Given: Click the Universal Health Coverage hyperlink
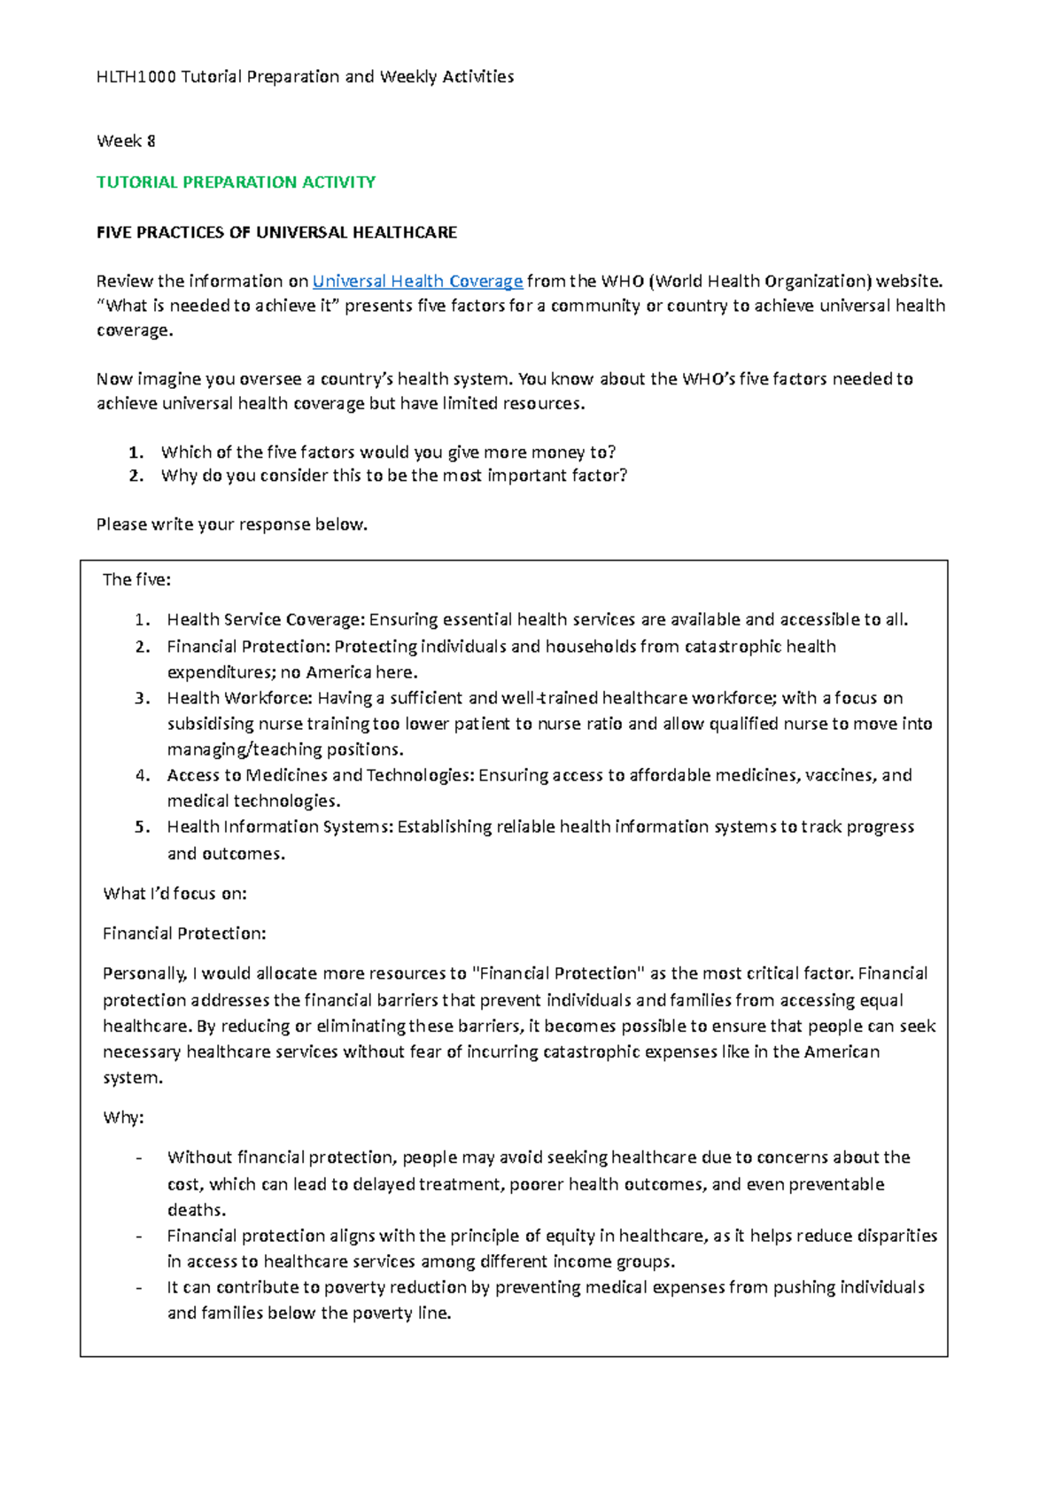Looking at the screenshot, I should click(x=417, y=282).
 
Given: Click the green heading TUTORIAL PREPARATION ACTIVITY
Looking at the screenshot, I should click(x=236, y=182).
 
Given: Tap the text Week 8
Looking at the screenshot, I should click(x=126, y=141).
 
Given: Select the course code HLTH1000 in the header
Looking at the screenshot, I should click(x=136, y=77).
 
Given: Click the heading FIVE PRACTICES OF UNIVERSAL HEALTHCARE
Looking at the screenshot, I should click(x=276, y=233).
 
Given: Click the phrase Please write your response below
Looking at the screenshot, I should click(x=231, y=524).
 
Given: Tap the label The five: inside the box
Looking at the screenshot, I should click(x=136, y=580).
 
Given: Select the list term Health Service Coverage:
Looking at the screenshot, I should click(x=267, y=620).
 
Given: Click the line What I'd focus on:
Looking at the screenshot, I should click(x=175, y=894).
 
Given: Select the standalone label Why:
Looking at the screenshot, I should click(x=123, y=1118).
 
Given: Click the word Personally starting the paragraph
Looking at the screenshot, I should click(x=144, y=974).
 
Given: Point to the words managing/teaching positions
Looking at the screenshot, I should click(x=284, y=749).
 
